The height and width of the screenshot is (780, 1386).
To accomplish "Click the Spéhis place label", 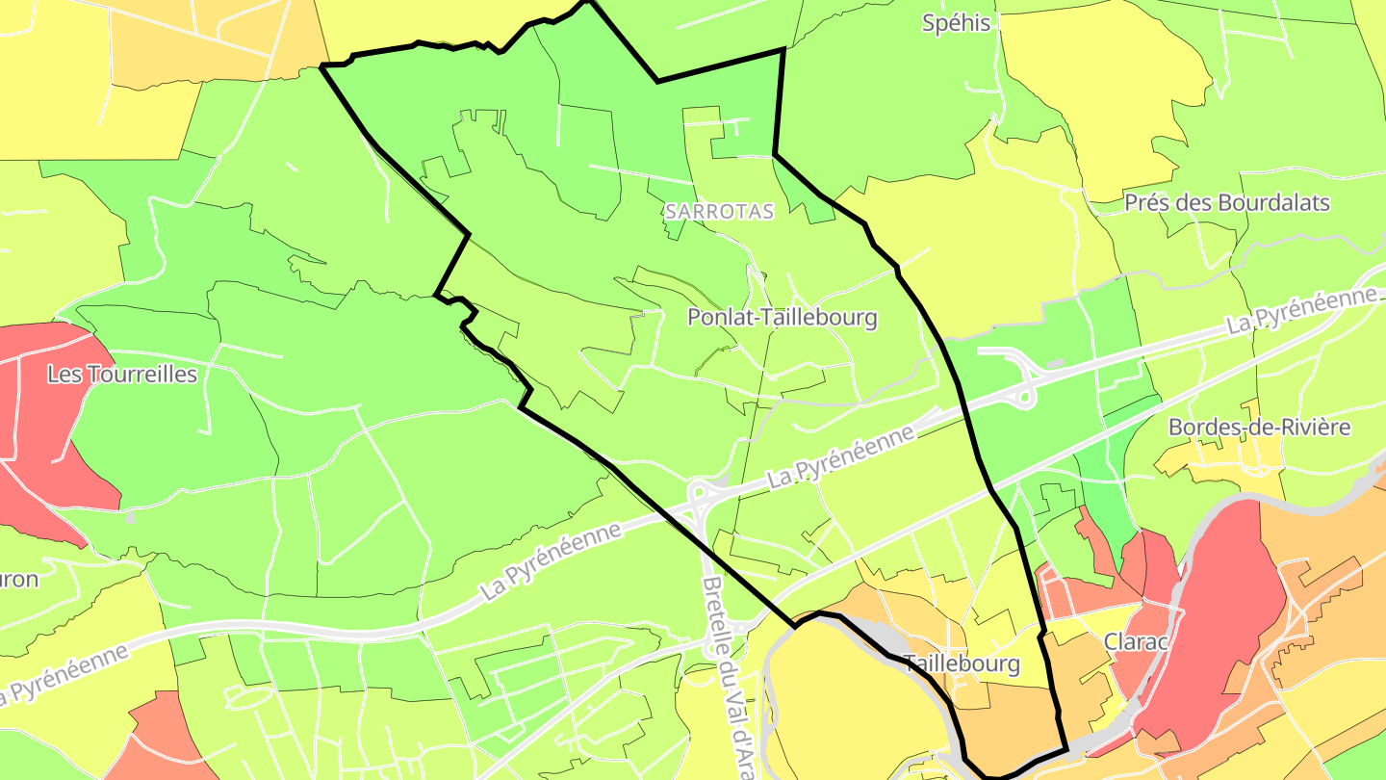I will [x=956, y=23].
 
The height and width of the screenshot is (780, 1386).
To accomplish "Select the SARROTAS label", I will [x=719, y=212].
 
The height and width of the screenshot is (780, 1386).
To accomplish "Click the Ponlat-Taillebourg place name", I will [x=783, y=317].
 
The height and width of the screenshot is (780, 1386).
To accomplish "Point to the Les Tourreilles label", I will [x=122, y=374].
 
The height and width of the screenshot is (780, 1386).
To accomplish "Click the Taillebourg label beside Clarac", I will [x=961, y=663].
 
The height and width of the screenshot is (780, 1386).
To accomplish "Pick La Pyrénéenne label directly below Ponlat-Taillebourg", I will [x=839, y=456].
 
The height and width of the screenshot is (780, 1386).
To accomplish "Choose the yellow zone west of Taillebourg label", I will [x=837, y=693].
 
